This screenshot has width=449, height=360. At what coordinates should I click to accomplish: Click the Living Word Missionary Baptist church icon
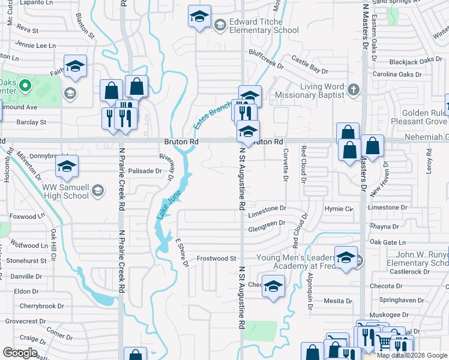354,90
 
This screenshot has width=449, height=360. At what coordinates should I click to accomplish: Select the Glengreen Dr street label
267,224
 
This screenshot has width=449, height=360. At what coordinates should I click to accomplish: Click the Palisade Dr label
145,171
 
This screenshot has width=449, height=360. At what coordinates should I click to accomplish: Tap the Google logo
20,353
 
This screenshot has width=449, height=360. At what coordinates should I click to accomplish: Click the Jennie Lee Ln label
35,45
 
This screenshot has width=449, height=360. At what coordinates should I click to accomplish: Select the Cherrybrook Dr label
41,306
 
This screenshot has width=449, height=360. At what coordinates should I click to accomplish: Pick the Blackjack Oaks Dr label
411,61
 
